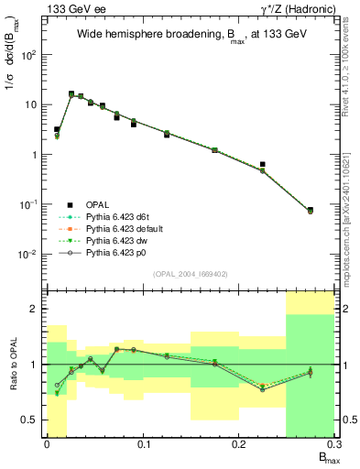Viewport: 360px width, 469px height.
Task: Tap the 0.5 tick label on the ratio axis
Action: [x=31, y=420]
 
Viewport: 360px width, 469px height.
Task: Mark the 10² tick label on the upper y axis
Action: [x=29, y=55]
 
